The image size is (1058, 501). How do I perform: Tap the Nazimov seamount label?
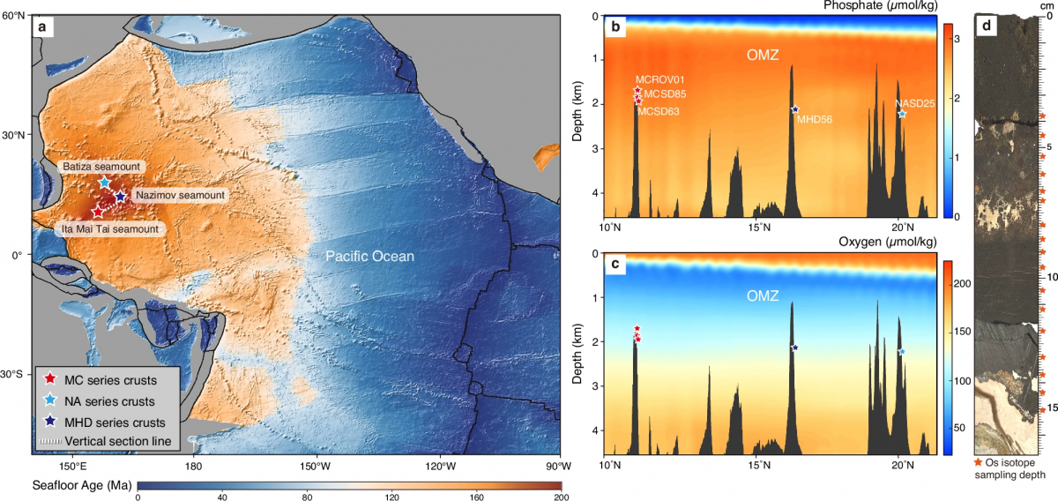(180, 195)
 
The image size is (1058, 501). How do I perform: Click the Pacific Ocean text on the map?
(369, 257)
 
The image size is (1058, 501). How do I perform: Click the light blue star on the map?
(104, 182)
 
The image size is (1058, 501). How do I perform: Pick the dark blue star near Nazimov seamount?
(120, 197)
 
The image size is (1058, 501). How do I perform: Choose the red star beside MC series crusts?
(50, 380)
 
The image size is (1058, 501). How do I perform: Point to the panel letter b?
(615, 29)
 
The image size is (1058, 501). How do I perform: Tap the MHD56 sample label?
(815, 120)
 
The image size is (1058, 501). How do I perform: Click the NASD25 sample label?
(914, 103)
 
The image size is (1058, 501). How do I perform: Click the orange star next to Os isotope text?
(978, 462)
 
